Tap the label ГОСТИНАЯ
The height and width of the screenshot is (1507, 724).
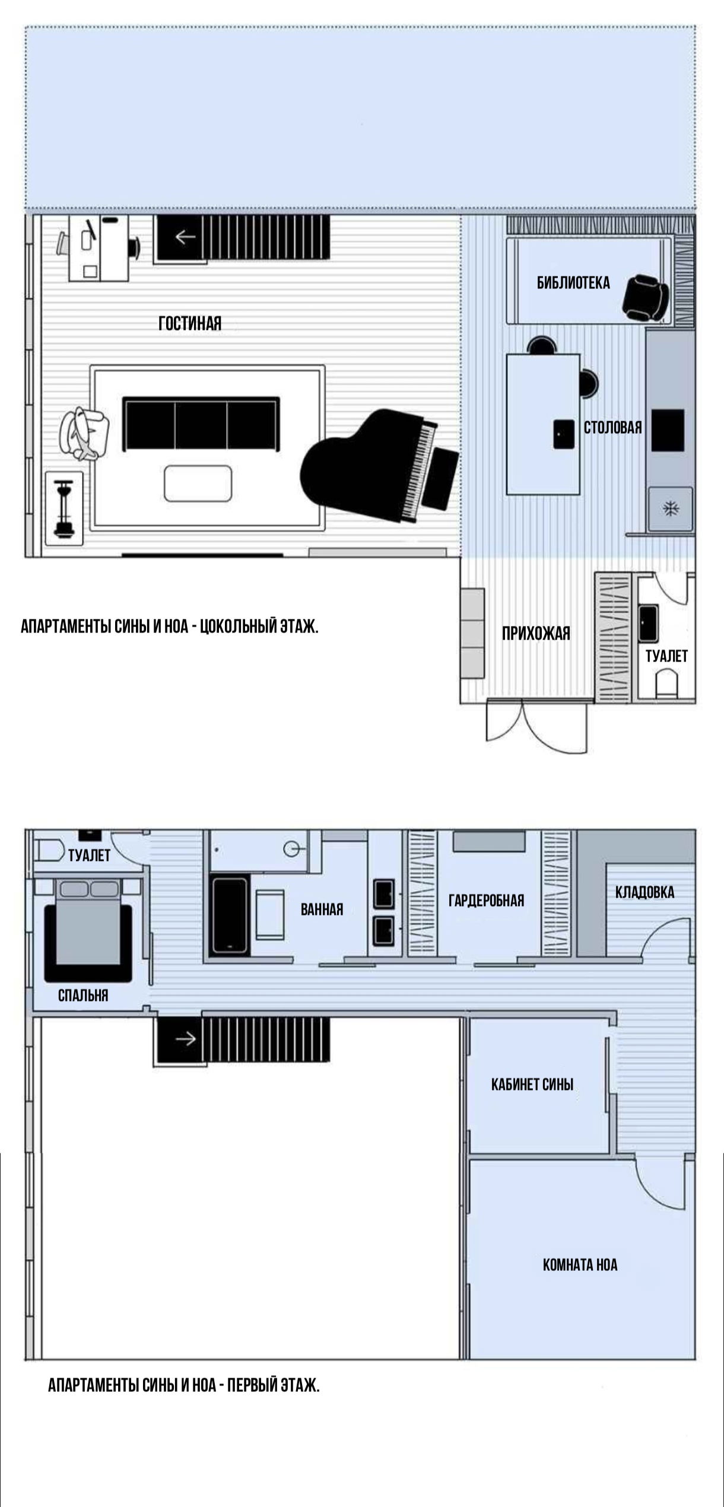pos(190,323)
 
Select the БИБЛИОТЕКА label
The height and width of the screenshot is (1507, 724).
pos(573,283)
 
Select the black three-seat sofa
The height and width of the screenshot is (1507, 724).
pos(201,424)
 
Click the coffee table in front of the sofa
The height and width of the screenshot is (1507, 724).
pos(198,484)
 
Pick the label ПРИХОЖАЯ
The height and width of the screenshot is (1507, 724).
pos(536,634)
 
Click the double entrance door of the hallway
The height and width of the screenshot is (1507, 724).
pos(536,727)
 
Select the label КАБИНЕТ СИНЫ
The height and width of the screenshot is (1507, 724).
pos(532,1085)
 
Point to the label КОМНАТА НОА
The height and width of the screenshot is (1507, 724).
pos(580,1264)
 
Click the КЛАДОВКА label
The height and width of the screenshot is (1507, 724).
pos(644,892)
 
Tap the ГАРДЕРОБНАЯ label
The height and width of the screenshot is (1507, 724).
pos(486,901)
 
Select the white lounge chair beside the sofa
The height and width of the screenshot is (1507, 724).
pos(84,434)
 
